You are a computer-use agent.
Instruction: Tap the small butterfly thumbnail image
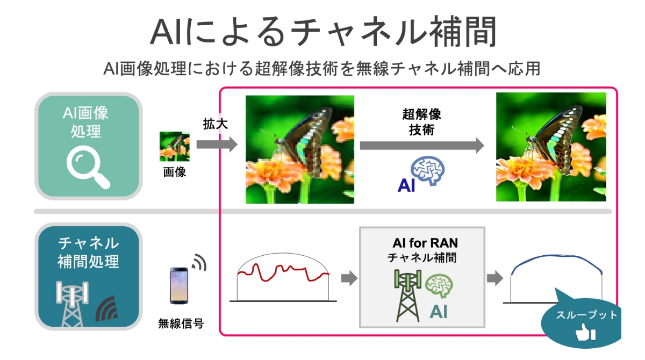click(175, 147)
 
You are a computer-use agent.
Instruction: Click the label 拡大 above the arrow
click(216, 125)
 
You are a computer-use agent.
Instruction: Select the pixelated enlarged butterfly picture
click(299, 149)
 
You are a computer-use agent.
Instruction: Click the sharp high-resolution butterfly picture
click(551, 147)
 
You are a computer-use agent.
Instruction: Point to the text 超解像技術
click(422, 122)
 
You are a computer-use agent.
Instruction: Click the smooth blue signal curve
click(556, 264)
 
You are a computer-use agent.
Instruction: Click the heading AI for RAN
click(422, 243)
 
